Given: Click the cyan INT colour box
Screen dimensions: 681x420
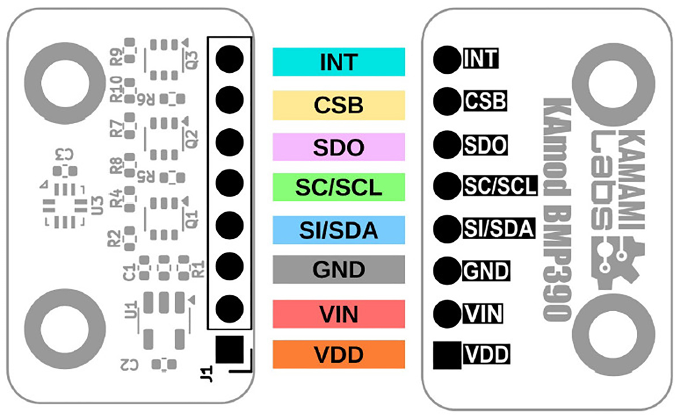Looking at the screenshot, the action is (x=339, y=62).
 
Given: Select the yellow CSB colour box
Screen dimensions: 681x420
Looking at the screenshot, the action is (x=339, y=105).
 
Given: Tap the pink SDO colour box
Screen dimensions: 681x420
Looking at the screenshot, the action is (x=339, y=147).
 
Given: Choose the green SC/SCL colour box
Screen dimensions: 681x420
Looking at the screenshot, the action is (x=339, y=187).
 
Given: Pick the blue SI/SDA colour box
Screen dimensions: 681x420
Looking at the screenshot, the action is (x=339, y=230).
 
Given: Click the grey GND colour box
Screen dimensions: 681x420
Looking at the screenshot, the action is (x=339, y=270).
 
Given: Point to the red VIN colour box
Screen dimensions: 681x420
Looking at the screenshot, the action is (x=339, y=314).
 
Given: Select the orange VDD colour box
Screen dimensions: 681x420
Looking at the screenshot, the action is (x=339, y=354).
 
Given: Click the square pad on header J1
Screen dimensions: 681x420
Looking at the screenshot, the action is (x=229, y=350).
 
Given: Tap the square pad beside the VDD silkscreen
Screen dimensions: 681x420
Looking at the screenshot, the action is (x=447, y=355).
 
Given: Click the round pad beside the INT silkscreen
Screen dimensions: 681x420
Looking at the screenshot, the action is (x=447, y=60).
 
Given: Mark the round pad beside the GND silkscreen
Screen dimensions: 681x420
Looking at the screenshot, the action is (x=447, y=271).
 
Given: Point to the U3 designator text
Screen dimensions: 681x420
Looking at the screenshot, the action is (x=97, y=205).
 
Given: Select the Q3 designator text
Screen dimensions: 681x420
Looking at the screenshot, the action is (x=192, y=60).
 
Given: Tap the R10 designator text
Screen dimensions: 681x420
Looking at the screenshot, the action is (x=116, y=89).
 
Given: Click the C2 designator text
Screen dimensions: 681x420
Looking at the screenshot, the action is (x=129, y=364).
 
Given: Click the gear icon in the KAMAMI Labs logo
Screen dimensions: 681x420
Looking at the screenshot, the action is (x=618, y=263).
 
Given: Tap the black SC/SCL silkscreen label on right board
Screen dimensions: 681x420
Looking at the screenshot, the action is (x=500, y=186).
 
